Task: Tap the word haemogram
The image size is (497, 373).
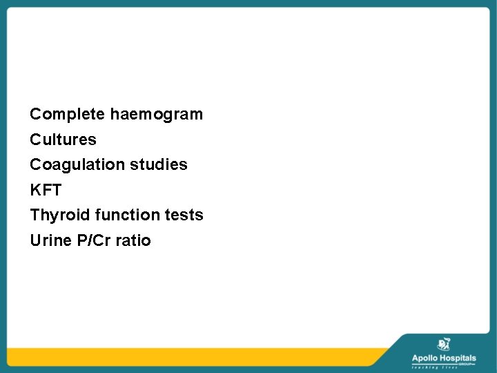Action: click(x=157, y=114)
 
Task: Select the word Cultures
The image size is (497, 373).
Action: click(x=63, y=140)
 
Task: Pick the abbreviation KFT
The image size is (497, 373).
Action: click(x=46, y=190)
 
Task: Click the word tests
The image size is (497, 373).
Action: click(x=184, y=216)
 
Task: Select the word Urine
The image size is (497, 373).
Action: click(x=49, y=241)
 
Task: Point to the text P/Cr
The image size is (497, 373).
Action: click(x=91, y=241)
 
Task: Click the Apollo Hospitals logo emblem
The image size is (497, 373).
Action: click(x=443, y=345)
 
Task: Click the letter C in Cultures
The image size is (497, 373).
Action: click(x=35, y=140)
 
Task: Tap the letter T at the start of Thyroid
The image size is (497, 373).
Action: click(x=35, y=216)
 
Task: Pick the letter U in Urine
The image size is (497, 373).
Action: click(x=35, y=241)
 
